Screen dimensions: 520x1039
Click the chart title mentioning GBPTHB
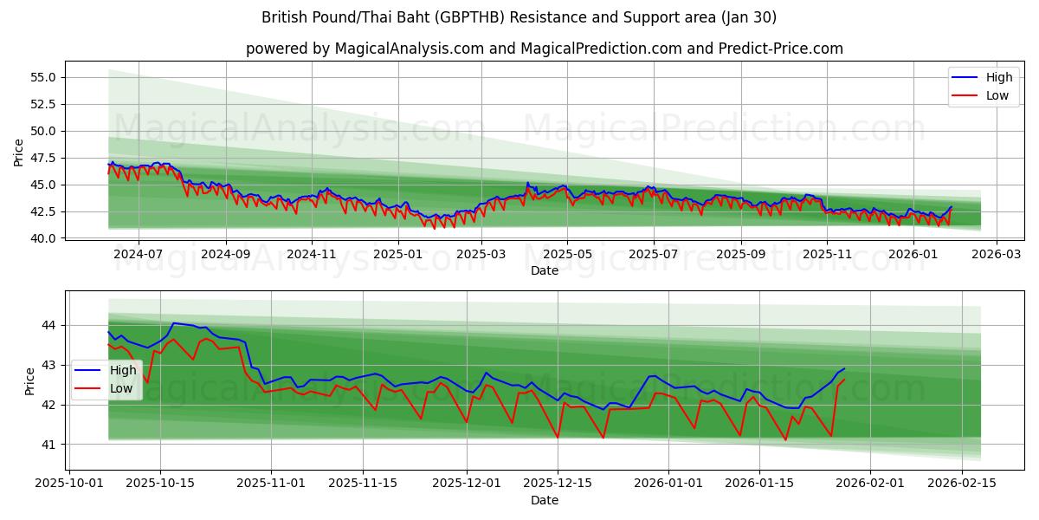tap(519, 17)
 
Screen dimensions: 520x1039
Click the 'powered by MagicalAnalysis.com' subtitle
tap(544, 49)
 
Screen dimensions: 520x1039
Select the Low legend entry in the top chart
tap(997, 95)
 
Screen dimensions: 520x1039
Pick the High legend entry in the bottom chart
tap(122, 370)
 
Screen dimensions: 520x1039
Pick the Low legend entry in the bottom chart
tap(121, 388)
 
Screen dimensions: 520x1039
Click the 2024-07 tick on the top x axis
tap(139, 255)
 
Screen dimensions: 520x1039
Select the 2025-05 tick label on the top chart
tap(567, 255)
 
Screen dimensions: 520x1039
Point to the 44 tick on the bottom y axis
tap(48, 325)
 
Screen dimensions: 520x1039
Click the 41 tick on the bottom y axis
tap(48, 445)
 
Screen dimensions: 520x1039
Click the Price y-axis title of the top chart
tap(19, 152)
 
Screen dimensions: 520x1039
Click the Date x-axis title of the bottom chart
tap(544, 500)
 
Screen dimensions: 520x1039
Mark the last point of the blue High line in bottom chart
tap(844, 369)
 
